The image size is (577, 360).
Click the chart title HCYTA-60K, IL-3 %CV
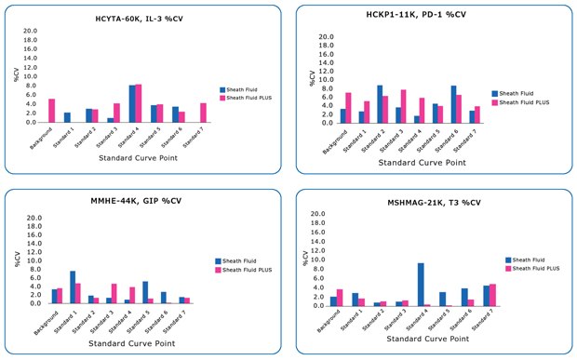pos(140,19)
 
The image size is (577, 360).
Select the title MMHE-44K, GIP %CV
pos(140,201)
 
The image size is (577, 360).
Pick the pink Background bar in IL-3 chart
pos(52,111)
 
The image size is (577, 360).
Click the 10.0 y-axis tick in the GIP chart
pos(30,261)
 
